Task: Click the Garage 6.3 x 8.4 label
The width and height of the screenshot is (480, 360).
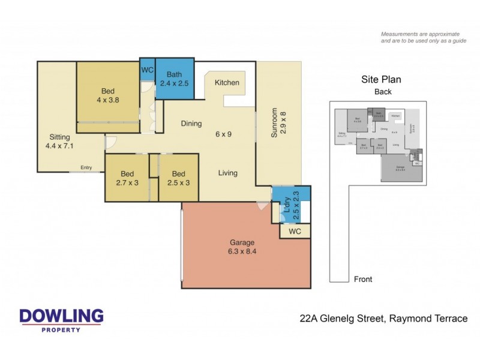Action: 243,247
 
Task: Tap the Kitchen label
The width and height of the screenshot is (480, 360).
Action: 227,83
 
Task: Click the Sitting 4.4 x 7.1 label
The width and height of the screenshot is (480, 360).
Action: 59,141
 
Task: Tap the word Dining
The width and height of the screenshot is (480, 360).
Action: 191,124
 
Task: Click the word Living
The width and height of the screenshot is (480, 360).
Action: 227,173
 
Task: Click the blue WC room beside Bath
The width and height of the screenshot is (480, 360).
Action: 148,70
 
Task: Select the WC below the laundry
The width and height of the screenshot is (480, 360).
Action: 295,231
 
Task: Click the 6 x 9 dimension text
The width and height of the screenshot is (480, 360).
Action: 223,134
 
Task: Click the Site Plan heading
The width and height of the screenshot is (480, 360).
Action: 380,79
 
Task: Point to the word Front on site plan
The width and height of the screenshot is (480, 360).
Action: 363,279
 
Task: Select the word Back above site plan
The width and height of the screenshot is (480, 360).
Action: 383,92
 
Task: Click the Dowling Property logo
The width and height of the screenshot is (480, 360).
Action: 61,320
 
